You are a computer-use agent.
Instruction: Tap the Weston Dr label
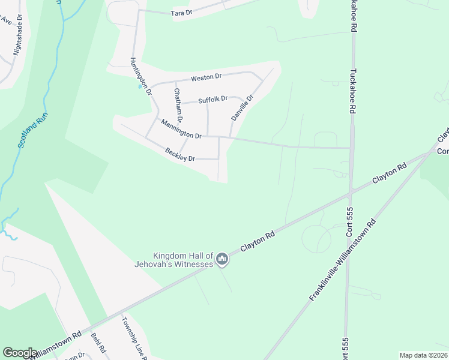click(206, 77)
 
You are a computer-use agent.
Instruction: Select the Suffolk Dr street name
click(213, 99)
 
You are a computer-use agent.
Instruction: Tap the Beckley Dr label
click(181, 154)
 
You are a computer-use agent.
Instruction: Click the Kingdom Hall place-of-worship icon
click(222, 259)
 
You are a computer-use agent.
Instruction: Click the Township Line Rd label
click(135, 338)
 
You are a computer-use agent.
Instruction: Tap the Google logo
click(20, 353)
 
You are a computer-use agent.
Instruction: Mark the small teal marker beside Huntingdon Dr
click(140, 86)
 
